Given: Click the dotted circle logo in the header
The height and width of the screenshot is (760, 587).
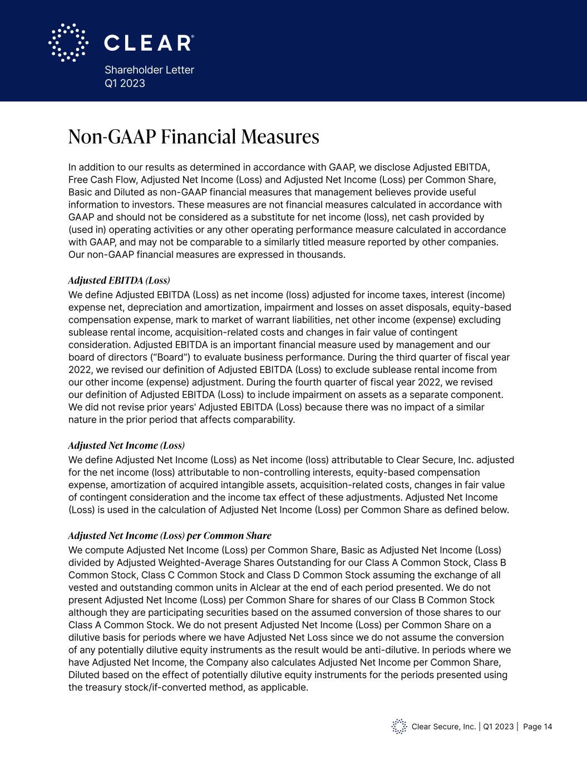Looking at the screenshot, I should point(68,42).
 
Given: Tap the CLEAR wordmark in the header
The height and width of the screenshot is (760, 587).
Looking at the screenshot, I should point(149,43).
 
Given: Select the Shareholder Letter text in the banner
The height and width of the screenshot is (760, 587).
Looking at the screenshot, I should point(149,70).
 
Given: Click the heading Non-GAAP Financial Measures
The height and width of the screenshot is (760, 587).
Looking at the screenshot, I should point(194,137).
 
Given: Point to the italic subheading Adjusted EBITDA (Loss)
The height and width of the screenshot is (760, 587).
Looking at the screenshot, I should point(119,280).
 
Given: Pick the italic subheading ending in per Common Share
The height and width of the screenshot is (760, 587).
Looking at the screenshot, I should point(170,536).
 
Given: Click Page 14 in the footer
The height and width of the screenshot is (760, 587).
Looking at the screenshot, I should point(537,727).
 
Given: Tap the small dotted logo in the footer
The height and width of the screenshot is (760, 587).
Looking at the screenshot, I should point(399,727).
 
